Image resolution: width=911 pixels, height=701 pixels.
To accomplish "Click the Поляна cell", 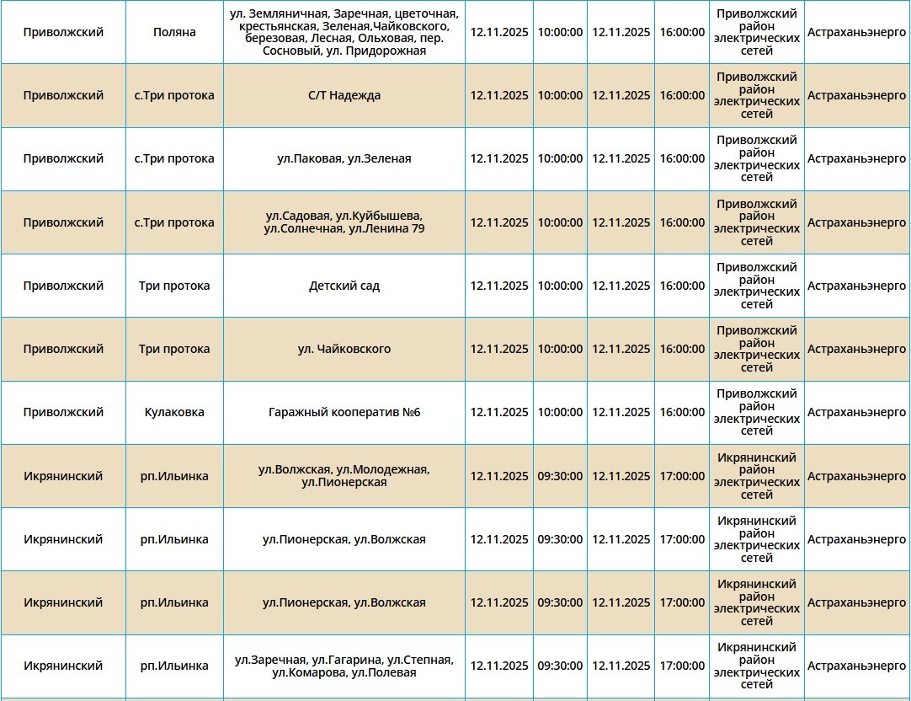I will click(174, 32).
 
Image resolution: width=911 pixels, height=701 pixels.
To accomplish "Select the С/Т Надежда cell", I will click(344, 95).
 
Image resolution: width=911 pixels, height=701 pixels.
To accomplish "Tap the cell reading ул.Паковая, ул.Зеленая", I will click(344, 158).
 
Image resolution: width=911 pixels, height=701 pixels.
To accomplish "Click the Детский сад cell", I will click(344, 286).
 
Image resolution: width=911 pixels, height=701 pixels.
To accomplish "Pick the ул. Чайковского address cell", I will click(344, 349).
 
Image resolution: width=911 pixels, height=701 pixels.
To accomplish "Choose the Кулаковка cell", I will click(174, 412).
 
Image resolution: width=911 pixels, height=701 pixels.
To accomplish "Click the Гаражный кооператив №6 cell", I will click(344, 412).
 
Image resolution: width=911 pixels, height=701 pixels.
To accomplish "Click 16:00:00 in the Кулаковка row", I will click(682, 412).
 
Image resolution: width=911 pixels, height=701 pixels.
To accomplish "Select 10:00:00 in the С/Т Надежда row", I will click(560, 95).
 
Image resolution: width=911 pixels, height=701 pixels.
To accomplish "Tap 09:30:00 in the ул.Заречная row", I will click(560, 666).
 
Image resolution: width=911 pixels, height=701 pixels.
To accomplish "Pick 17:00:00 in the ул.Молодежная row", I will click(682, 476).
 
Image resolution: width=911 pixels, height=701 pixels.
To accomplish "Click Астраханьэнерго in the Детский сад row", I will click(856, 286).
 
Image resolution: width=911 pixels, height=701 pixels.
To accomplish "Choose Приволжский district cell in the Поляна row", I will click(63, 32).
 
